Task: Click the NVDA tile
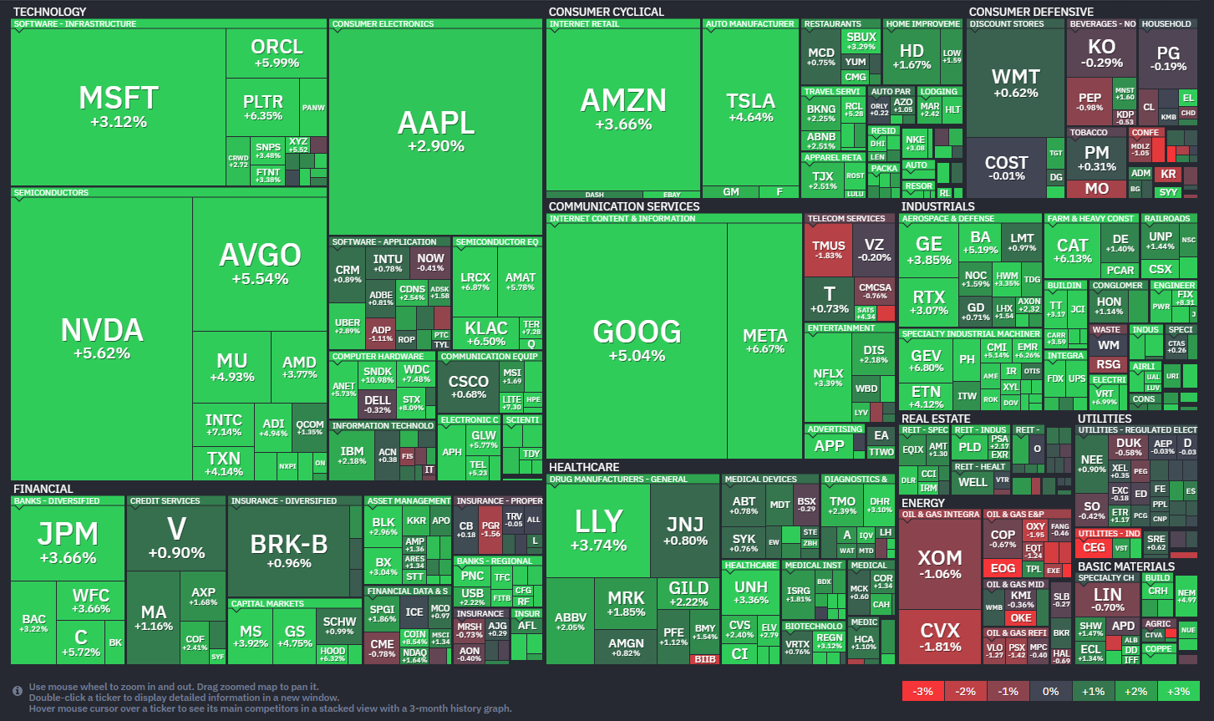(x=102, y=338)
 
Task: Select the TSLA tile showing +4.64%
(x=749, y=107)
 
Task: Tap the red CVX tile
(x=940, y=636)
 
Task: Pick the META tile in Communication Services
(x=764, y=340)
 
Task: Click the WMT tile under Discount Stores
(x=1015, y=82)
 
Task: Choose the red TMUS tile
(x=828, y=249)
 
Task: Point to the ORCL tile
(x=276, y=53)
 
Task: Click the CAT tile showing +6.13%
(x=1073, y=250)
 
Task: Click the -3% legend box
(x=922, y=691)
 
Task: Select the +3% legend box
(x=1178, y=691)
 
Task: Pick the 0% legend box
(x=1050, y=691)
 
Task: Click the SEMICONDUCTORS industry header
(x=51, y=193)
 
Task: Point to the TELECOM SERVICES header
(x=846, y=219)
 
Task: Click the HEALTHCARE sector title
(x=584, y=467)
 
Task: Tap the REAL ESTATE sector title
(x=936, y=419)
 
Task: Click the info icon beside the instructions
(x=18, y=691)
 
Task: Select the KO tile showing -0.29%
(x=1101, y=53)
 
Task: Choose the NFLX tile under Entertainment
(x=828, y=378)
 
